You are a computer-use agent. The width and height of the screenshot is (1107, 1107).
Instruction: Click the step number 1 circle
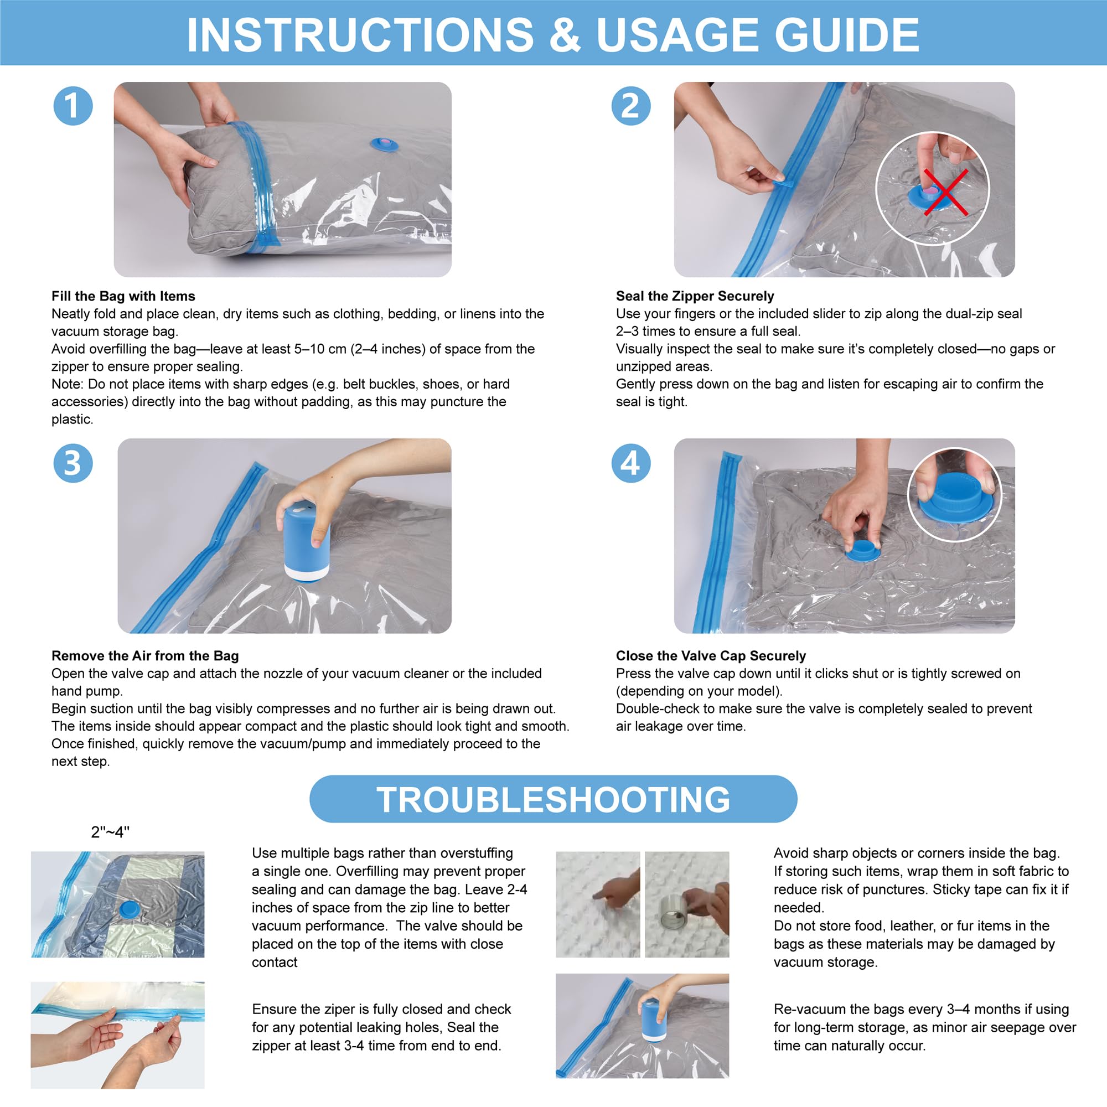[x=73, y=106]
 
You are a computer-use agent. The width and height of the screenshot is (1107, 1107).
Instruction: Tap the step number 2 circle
[x=631, y=106]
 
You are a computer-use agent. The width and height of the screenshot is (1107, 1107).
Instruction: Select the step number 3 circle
[x=73, y=463]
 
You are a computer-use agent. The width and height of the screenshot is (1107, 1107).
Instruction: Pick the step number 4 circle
[x=631, y=463]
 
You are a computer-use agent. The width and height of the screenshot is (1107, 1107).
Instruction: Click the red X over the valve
[x=945, y=193]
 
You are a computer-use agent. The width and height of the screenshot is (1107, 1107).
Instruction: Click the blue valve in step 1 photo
[x=384, y=144]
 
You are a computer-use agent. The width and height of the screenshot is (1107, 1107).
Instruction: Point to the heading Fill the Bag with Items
[x=123, y=296]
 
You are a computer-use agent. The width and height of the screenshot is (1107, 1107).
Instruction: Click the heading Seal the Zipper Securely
[x=695, y=296]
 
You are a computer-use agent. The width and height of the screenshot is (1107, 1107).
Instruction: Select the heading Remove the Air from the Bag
[x=145, y=655]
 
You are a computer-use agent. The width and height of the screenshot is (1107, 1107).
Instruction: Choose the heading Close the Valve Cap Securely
[x=711, y=655]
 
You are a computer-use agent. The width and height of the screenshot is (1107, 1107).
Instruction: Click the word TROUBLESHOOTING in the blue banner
[x=553, y=799]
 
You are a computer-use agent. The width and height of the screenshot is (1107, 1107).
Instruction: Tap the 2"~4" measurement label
[x=110, y=832]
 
